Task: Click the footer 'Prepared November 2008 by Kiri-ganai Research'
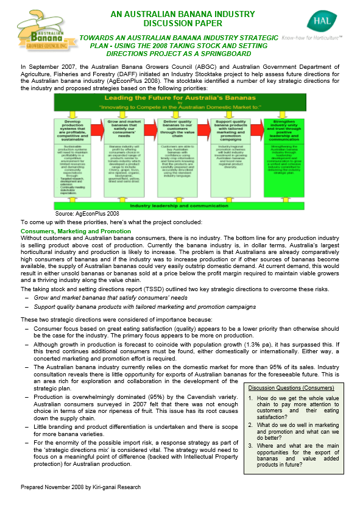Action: click(x=81, y=505)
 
